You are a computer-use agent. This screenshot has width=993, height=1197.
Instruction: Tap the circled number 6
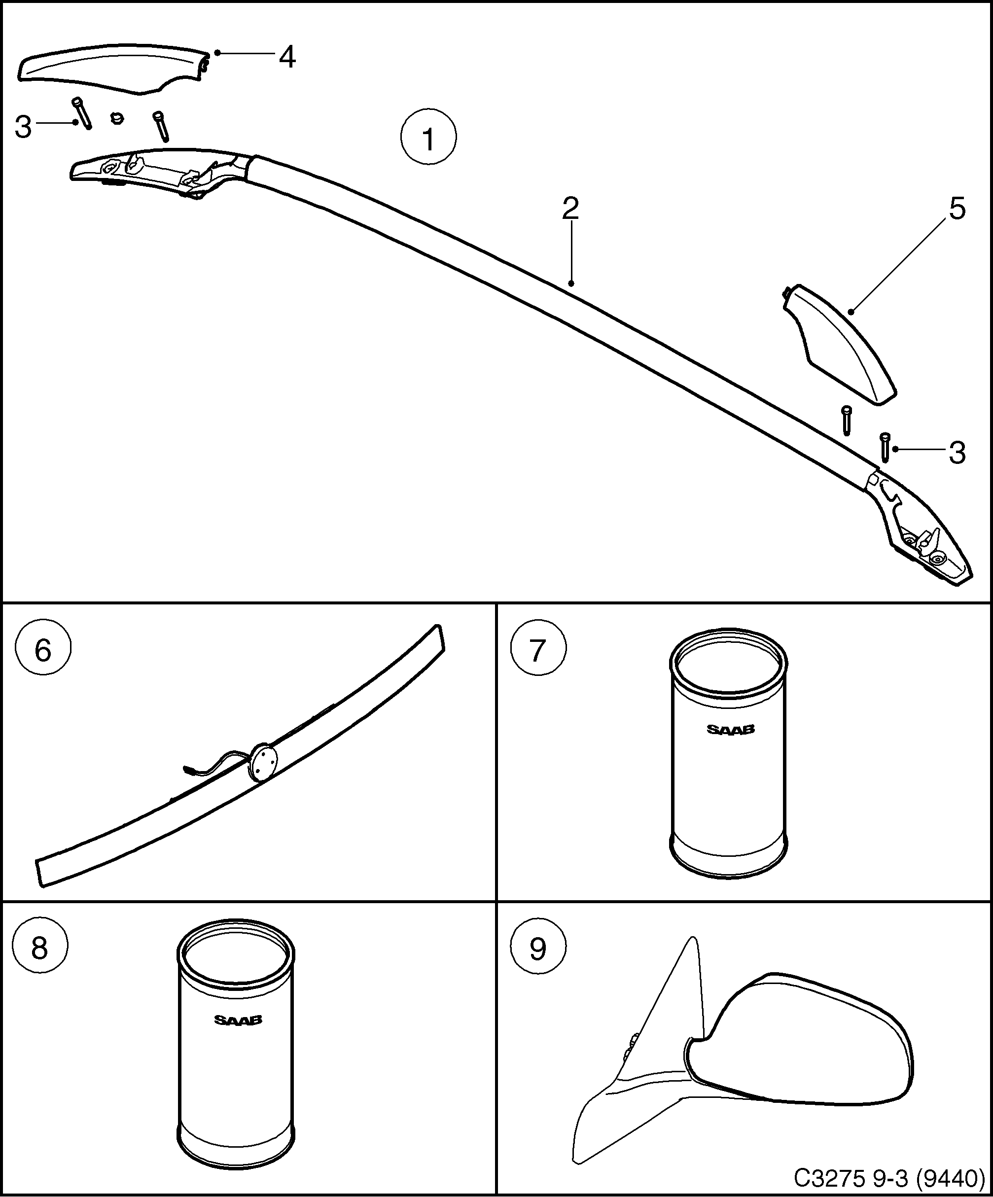tap(43, 650)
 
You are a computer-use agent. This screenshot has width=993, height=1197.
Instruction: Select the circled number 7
tap(538, 650)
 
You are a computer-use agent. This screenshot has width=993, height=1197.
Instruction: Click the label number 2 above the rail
tap(570, 209)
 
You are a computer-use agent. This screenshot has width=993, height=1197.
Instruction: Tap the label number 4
tap(287, 57)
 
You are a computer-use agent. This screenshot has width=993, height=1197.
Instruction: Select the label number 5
tap(957, 209)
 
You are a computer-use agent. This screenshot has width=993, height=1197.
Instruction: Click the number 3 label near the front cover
tap(23, 127)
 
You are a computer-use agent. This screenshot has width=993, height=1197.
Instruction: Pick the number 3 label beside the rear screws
tap(957, 453)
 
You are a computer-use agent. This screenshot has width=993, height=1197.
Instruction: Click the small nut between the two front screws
tap(117, 118)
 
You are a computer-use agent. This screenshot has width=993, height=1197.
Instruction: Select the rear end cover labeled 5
tap(838, 348)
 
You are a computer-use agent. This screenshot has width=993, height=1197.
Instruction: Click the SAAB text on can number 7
tap(730, 730)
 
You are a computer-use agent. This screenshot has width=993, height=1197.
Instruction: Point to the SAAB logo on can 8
tap(238, 1020)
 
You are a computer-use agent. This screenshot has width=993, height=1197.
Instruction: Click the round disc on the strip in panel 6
tap(262, 762)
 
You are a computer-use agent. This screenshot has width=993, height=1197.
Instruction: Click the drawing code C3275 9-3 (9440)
tap(889, 1176)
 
